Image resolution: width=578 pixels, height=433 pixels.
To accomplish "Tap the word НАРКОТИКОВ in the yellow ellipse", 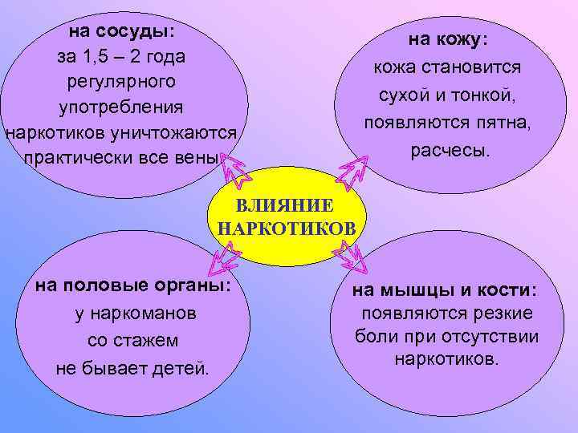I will pos(287,229).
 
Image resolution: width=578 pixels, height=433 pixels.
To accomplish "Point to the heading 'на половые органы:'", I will pos(132,286).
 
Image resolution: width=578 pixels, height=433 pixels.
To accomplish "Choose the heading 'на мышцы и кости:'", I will pos(446,290).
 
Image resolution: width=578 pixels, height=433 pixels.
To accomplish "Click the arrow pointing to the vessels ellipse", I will pos(234,169).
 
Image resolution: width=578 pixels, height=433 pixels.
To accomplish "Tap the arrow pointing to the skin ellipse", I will pos(351,170).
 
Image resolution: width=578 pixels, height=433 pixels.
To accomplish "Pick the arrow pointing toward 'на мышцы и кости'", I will pos(352,256).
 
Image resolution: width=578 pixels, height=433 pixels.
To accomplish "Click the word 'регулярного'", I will pos(121,81).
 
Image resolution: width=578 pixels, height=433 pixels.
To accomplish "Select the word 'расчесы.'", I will pos(449,150).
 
